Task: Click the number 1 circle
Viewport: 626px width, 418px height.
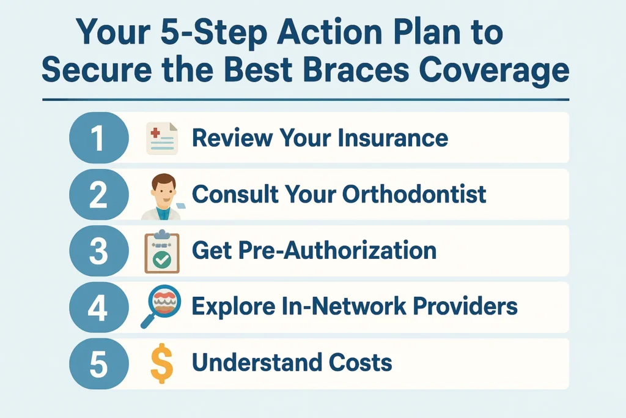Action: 99,138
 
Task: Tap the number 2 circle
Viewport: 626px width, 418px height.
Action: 99,194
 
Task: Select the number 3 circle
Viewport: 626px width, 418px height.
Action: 99,251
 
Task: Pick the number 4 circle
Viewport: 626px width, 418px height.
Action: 99,307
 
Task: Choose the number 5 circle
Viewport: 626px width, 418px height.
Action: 99,364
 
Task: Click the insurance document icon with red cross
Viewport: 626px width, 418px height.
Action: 162,138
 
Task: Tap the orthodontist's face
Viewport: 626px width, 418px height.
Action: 164,190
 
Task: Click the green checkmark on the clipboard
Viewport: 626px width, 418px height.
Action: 161,260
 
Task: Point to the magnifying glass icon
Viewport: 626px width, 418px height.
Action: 161,306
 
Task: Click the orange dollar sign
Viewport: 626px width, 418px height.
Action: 161,364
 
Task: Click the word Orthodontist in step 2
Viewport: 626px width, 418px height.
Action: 414,194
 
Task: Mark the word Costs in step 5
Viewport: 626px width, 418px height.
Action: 361,363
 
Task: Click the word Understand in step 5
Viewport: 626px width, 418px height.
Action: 257,363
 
